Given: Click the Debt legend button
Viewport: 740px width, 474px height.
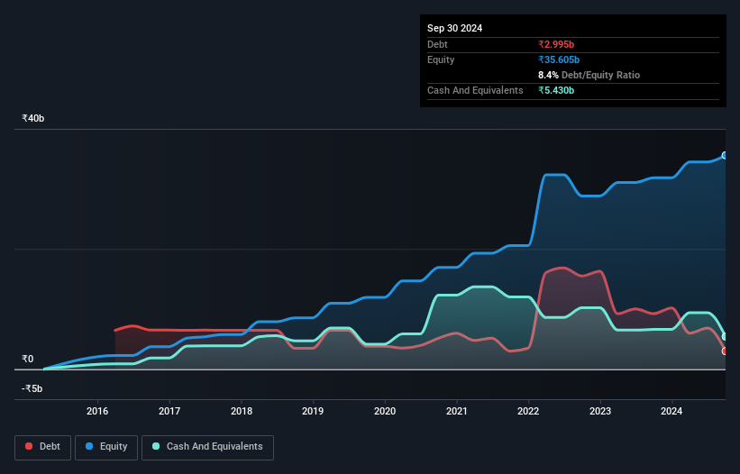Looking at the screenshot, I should click(41, 446).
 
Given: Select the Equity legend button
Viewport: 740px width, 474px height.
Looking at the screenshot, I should click(106, 446).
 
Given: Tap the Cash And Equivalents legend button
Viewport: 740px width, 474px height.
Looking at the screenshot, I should click(207, 446).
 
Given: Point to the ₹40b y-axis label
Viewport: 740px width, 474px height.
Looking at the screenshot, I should click(33, 119).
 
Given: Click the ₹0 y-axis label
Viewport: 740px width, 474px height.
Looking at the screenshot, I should click(27, 359).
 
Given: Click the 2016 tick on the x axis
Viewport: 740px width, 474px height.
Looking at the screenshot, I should click(97, 411).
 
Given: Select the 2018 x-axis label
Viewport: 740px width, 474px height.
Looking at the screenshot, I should click(241, 411).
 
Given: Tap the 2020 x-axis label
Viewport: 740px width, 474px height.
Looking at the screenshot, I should click(385, 411).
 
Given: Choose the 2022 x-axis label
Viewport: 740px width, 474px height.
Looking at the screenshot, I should click(528, 411).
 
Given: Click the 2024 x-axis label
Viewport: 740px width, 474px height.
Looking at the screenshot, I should click(671, 411).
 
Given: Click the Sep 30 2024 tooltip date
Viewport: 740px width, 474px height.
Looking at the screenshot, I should click(454, 28).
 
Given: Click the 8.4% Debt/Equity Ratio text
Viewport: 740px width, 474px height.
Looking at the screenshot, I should click(589, 75).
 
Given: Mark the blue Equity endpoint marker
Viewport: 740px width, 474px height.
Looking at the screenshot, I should click(725, 155).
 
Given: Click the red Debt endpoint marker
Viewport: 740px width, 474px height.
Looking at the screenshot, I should click(725, 351).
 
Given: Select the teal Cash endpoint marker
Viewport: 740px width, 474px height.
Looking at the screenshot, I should click(725, 336).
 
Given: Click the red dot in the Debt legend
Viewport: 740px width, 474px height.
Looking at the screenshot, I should click(30, 446).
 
